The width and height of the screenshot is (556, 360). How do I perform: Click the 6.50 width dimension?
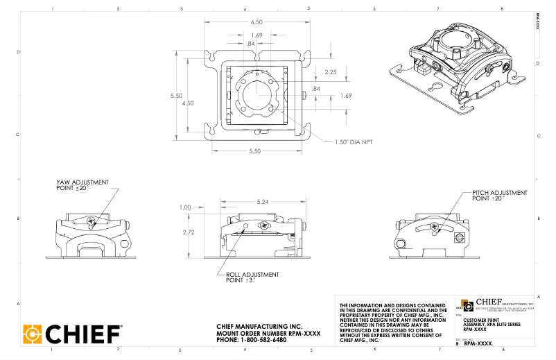[x=256, y=22]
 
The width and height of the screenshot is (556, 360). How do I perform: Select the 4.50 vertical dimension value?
[x=188, y=103]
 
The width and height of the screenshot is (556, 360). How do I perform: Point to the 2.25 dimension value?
[x=331, y=71]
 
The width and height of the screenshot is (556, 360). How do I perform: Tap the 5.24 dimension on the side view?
[x=261, y=202]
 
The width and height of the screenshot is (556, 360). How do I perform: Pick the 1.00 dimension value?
[x=184, y=207]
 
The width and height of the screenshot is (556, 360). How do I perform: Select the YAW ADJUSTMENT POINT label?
[x=82, y=185]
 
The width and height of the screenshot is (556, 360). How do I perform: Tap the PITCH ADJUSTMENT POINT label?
[x=500, y=195]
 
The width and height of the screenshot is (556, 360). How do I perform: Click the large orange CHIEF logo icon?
[x=34, y=334]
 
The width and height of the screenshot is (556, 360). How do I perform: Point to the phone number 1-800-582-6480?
[x=251, y=340]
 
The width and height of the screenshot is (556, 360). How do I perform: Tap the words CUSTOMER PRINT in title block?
[x=478, y=320]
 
